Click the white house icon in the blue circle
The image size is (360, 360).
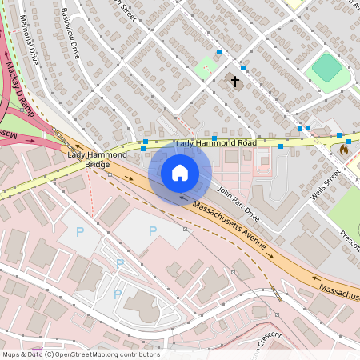180,173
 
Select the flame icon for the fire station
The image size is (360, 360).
344,149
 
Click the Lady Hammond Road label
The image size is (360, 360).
216,143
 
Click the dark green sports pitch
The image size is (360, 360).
326,67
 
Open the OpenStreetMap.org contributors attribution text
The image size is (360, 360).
80,354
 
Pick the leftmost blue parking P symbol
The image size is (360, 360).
78,231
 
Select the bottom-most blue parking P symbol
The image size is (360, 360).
118,294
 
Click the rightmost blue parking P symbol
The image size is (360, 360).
152,231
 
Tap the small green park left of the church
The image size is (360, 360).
206,66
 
